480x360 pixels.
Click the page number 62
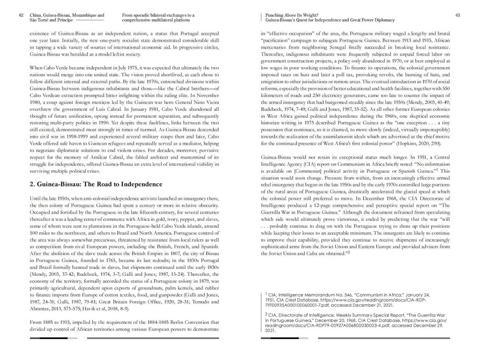[x=21, y=15]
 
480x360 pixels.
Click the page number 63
[x=458, y=15]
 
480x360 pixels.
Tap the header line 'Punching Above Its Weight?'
[x=292, y=15]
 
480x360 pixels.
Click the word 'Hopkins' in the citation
[x=406, y=143]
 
